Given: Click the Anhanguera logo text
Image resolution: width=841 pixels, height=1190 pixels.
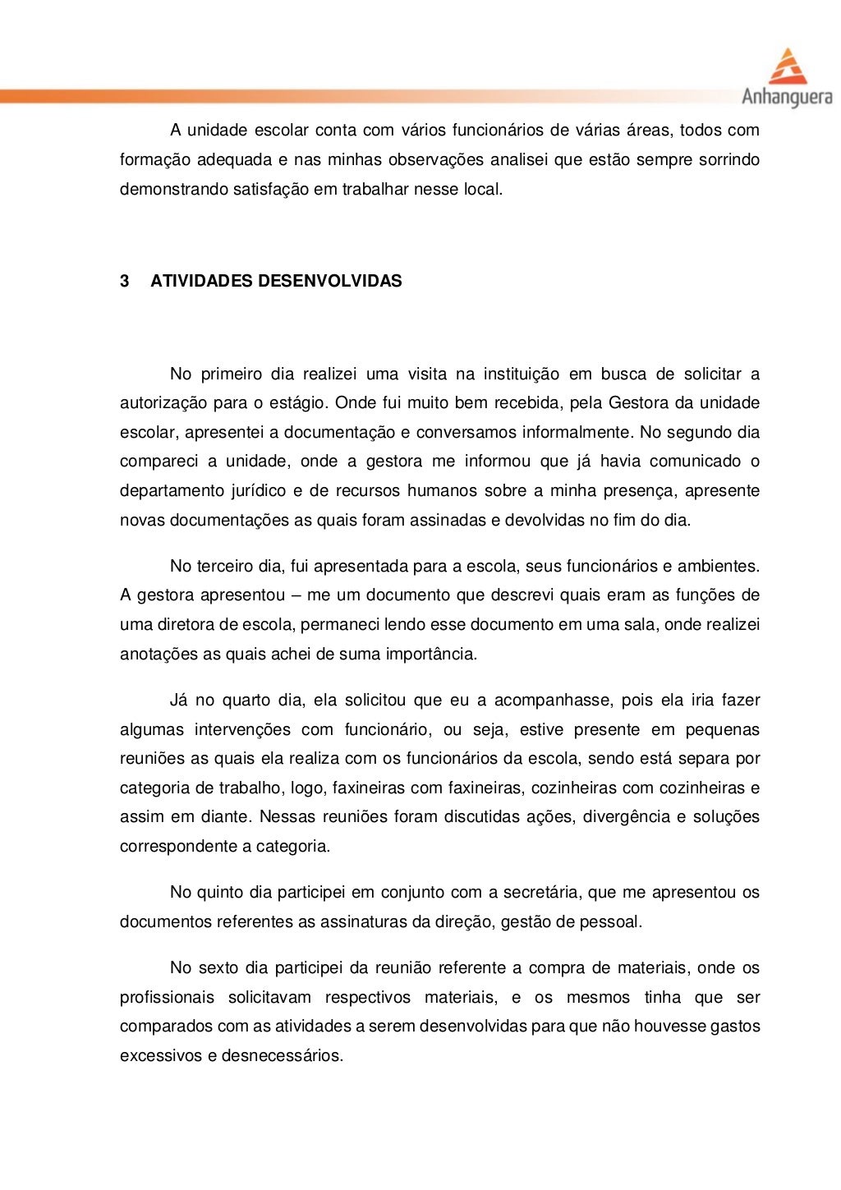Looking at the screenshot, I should coord(787,98).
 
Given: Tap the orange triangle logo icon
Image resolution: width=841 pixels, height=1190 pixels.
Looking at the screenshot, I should coord(787,66).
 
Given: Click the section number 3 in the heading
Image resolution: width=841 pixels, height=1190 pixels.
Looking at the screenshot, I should coord(125,282).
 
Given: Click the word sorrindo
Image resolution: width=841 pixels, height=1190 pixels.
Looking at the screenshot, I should coord(728,160).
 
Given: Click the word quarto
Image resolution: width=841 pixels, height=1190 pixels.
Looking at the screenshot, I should coord(242,701).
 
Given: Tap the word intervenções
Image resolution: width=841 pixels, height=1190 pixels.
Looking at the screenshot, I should coord(241,730).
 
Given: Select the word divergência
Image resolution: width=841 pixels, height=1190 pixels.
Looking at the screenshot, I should coord(624,817).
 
